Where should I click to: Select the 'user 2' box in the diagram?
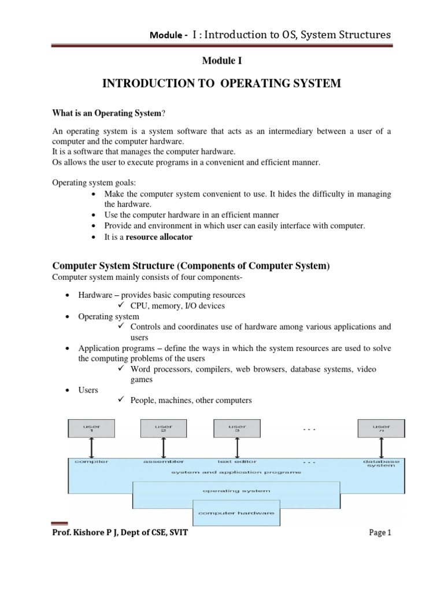coord(164,428)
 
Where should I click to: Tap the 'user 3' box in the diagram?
coord(236,428)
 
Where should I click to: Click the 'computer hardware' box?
coord(236,513)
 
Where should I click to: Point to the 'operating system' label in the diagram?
coord(236,491)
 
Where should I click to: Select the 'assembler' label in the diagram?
coord(164,462)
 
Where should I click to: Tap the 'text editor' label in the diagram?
coord(236,462)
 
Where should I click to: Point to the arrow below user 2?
coord(164,447)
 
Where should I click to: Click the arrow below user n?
coord(381,447)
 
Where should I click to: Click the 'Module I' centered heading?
coord(221,61)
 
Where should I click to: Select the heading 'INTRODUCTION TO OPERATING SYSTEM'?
coord(221,84)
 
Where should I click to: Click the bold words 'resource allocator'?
coord(159,237)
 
